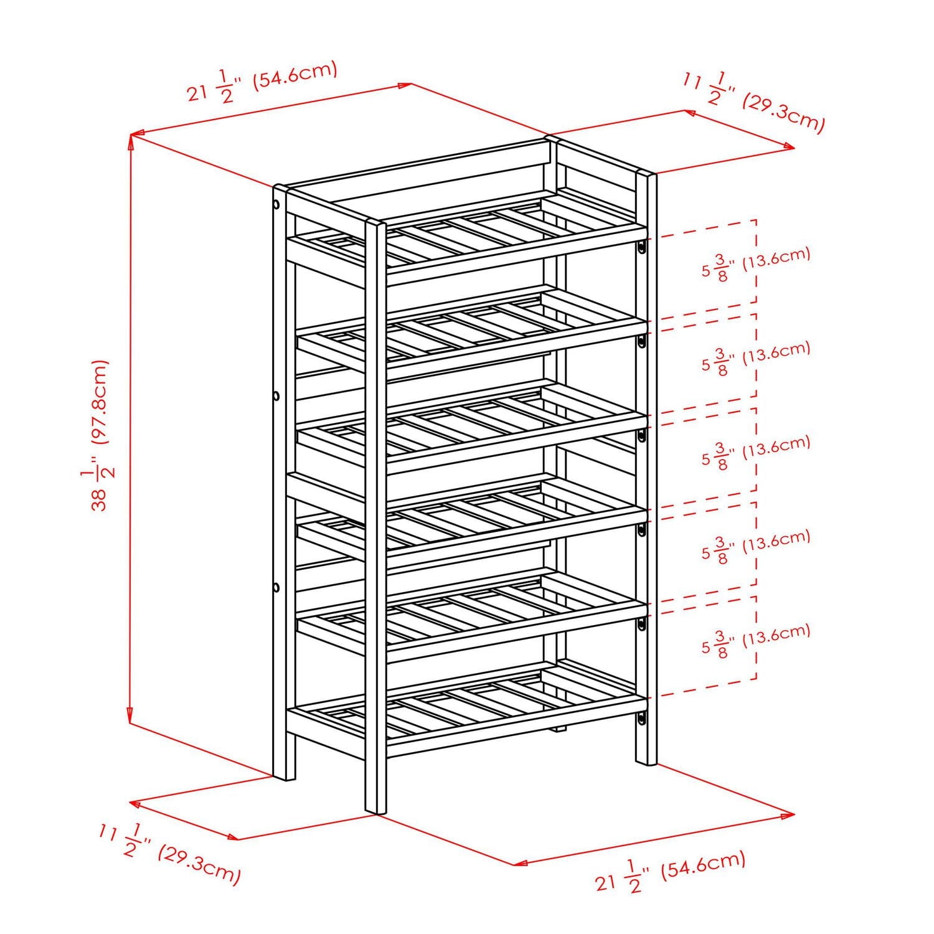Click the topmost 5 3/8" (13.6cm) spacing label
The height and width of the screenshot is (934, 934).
[756, 264]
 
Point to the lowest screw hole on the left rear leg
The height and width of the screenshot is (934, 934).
[275, 587]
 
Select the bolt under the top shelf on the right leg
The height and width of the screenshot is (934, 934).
[640, 248]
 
